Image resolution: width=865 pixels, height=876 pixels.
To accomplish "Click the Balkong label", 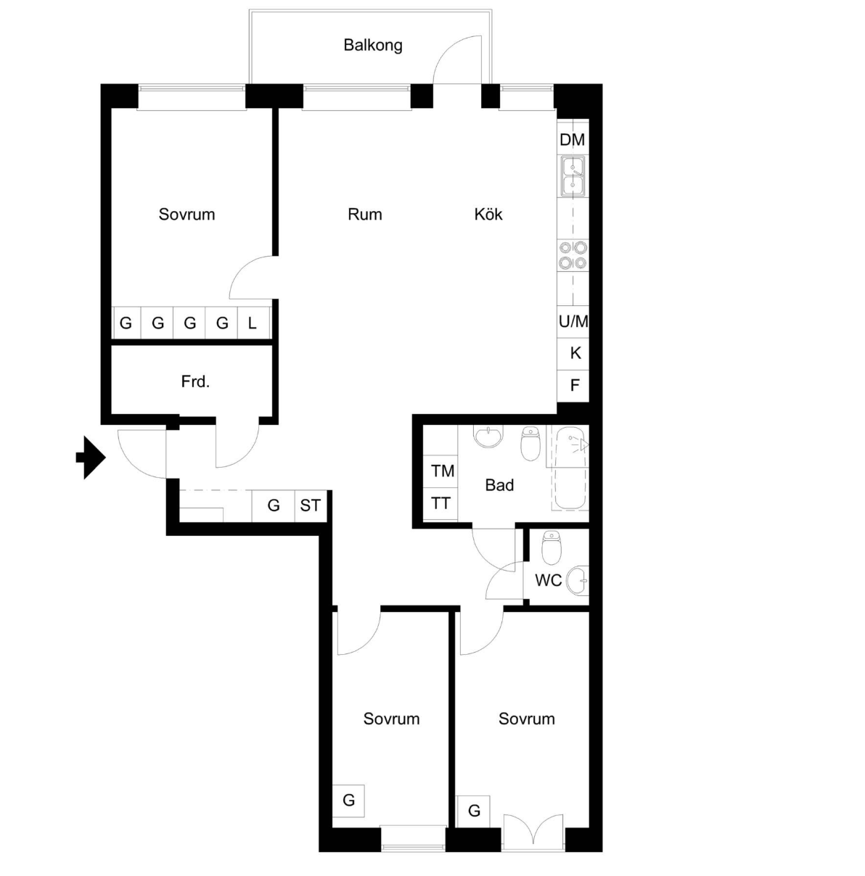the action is (x=373, y=45).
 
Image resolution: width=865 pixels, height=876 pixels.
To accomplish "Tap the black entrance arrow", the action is (x=91, y=458).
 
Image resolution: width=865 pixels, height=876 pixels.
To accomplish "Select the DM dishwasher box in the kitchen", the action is (x=573, y=138).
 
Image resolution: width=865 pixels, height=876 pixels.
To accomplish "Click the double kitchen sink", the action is (x=573, y=176).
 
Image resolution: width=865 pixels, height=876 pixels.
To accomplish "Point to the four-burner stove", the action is (x=573, y=255).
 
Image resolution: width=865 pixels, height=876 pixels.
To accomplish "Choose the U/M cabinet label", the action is (x=573, y=321).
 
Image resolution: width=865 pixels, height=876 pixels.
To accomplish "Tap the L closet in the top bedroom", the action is (x=253, y=323).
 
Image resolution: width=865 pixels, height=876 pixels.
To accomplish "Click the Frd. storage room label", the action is (x=195, y=381).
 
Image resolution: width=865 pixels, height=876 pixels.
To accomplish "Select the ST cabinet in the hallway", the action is (x=311, y=505).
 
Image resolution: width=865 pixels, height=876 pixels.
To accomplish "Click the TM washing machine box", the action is (x=440, y=471).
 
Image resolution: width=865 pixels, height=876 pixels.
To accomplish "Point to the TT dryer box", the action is (x=440, y=504).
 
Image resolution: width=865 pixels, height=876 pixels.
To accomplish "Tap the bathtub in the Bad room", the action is (x=568, y=468).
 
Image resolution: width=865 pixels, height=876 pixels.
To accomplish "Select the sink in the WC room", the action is (x=578, y=581).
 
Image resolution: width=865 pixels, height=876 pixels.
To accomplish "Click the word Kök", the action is (x=488, y=214).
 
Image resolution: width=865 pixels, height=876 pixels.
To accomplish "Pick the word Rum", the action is (x=364, y=214).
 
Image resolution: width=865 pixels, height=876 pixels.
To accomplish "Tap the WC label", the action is (x=548, y=580).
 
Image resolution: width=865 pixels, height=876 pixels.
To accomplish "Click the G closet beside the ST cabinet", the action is (x=274, y=505).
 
